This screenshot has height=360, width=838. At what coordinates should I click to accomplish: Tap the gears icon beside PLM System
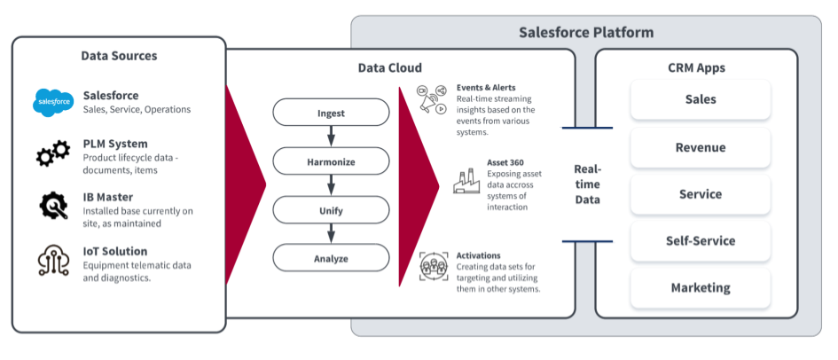pos(52,153)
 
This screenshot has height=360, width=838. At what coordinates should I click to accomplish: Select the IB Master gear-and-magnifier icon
pos(53,205)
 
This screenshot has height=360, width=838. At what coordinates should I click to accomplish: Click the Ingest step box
pos(331,113)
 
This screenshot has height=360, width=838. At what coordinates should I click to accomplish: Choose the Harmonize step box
pos(331,161)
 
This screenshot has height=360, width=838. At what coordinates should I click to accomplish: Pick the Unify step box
pos(331,210)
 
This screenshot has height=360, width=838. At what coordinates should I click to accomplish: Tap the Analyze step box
pos(331,258)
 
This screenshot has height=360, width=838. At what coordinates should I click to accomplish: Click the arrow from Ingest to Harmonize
pos(331,137)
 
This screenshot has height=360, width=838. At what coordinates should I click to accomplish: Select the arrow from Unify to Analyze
pos(331,234)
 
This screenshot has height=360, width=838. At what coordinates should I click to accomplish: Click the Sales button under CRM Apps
pos(701,100)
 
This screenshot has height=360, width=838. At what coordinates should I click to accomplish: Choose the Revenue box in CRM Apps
pos(701,147)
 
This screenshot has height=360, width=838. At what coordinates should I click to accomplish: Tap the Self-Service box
pos(701,240)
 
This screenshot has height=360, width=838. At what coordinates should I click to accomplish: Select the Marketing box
pos(701,287)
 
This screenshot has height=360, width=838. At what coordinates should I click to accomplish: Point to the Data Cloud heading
pos(390,67)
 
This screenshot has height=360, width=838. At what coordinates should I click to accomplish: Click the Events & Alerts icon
pos(431,100)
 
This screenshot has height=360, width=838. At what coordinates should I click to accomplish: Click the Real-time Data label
pos(587,184)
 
